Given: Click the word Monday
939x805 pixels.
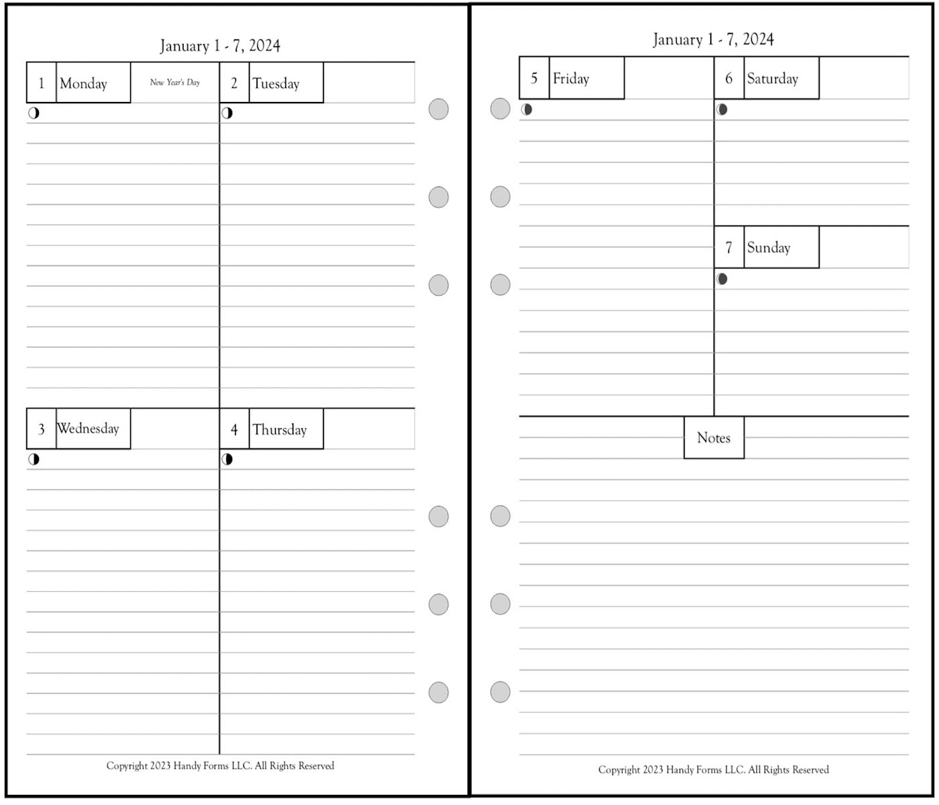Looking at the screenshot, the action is click(x=83, y=84).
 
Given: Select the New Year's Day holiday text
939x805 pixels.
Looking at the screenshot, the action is click(x=175, y=83).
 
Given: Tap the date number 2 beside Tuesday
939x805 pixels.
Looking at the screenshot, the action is click(x=234, y=83).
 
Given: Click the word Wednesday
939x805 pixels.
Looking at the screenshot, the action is click(x=88, y=429).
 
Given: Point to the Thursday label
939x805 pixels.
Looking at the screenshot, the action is click(x=280, y=430).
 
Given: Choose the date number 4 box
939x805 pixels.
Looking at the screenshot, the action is click(x=234, y=429).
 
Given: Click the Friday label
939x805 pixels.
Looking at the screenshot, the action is click(x=571, y=78).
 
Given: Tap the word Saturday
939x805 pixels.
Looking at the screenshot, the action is click(x=772, y=78).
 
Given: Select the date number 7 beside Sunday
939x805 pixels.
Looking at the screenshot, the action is click(x=728, y=248).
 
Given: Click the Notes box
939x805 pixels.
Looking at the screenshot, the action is click(x=714, y=437).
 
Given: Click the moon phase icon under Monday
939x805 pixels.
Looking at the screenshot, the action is click(x=34, y=113).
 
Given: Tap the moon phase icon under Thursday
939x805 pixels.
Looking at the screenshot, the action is click(x=227, y=460).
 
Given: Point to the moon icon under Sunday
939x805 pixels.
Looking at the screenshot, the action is click(x=722, y=279).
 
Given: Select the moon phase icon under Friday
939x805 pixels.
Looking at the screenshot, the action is click(x=527, y=109).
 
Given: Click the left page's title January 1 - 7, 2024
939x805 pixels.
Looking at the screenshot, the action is click(x=220, y=46).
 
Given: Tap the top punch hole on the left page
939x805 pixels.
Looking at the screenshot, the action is click(x=439, y=109).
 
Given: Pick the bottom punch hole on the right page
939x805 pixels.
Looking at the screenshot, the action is click(x=500, y=692).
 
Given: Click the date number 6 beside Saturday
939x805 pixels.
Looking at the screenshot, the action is click(x=728, y=78).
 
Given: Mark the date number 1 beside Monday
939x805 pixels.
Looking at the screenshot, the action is click(x=42, y=83).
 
